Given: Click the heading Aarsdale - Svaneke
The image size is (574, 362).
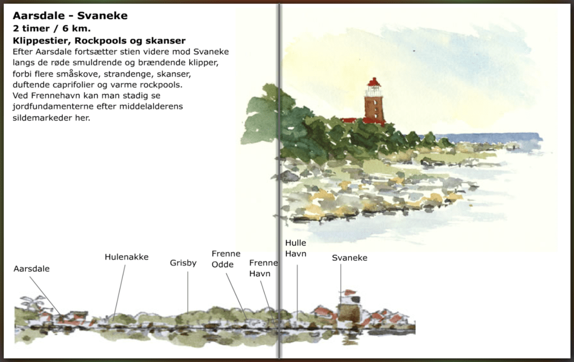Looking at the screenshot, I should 70,16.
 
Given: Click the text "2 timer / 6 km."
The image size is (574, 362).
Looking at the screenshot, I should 51,29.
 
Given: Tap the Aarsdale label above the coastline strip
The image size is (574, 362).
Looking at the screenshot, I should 31,269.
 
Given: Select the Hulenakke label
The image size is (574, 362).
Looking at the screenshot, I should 126,257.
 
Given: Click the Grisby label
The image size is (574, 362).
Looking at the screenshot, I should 183,263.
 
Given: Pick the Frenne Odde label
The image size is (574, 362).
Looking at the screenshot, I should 226,259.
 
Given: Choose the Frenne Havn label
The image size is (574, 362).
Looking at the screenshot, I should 263,268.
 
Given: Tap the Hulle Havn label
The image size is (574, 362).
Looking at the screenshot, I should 296,248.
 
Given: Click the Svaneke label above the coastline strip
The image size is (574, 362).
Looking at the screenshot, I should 349,258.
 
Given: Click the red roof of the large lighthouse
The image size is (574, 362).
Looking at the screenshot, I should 373,82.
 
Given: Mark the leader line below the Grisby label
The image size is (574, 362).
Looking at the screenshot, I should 187,291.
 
